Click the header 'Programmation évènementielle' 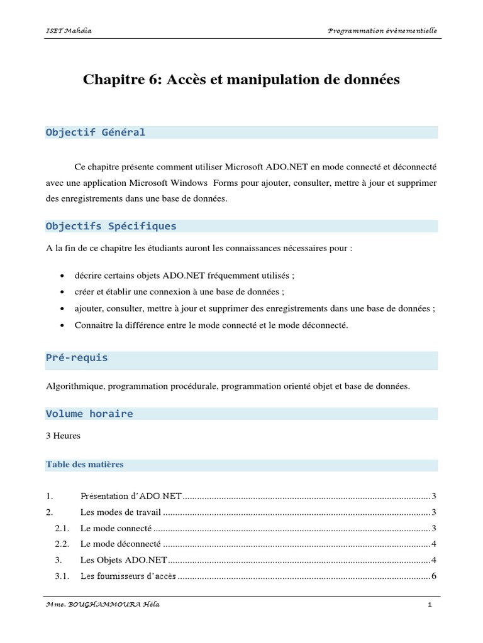tap(383, 30)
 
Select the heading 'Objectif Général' tap(96, 132)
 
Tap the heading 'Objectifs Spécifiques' tap(111, 225)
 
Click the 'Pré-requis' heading tap(77, 357)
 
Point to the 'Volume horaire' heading tap(89, 414)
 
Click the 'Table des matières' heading tap(85, 465)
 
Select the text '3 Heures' tap(63, 435)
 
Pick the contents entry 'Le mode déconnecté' tap(121, 543)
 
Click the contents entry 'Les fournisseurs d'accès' tap(128, 576)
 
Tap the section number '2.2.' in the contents tap(62, 543)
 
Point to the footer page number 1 tap(430, 605)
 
